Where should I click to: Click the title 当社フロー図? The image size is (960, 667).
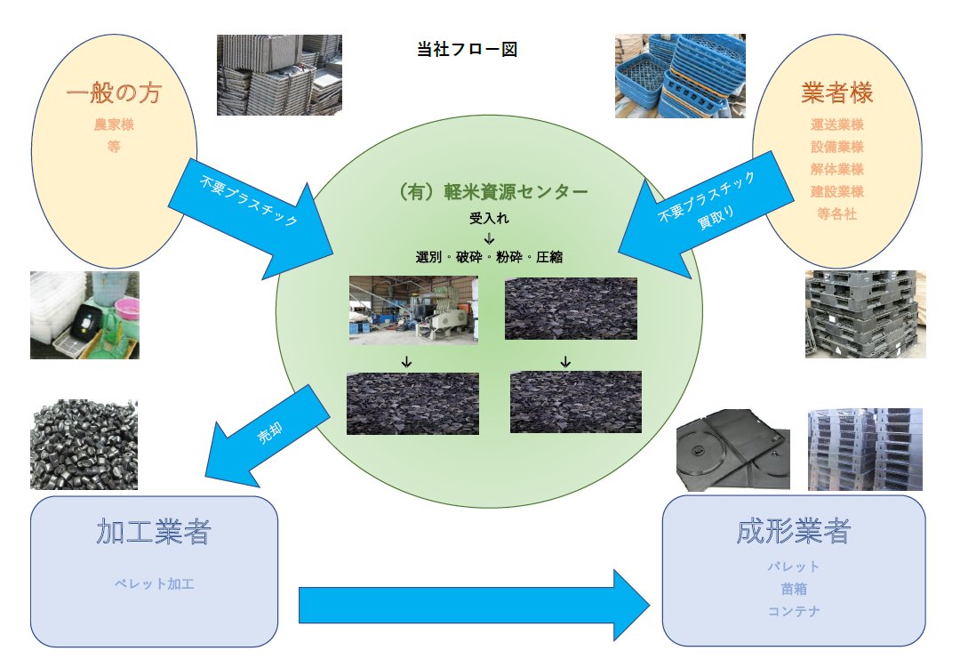(467, 50)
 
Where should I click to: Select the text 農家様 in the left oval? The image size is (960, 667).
(113, 125)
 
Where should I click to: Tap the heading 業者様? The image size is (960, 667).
(836, 92)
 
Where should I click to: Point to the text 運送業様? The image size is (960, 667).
(836, 125)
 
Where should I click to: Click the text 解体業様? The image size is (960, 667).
(836, 169)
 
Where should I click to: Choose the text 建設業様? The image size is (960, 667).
(836, 191)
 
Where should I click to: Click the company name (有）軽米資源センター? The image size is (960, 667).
(488, 191)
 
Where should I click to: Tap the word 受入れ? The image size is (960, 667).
(489, 217)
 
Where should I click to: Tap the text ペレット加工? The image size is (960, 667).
(154, 584)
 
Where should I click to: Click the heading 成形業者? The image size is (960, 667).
(794, 531)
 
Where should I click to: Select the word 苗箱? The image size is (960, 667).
(794, 589)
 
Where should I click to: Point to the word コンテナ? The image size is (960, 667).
(794, 611)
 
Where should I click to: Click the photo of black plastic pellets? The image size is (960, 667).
(84, 445)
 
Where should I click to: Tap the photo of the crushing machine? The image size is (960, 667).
(413, 309)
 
